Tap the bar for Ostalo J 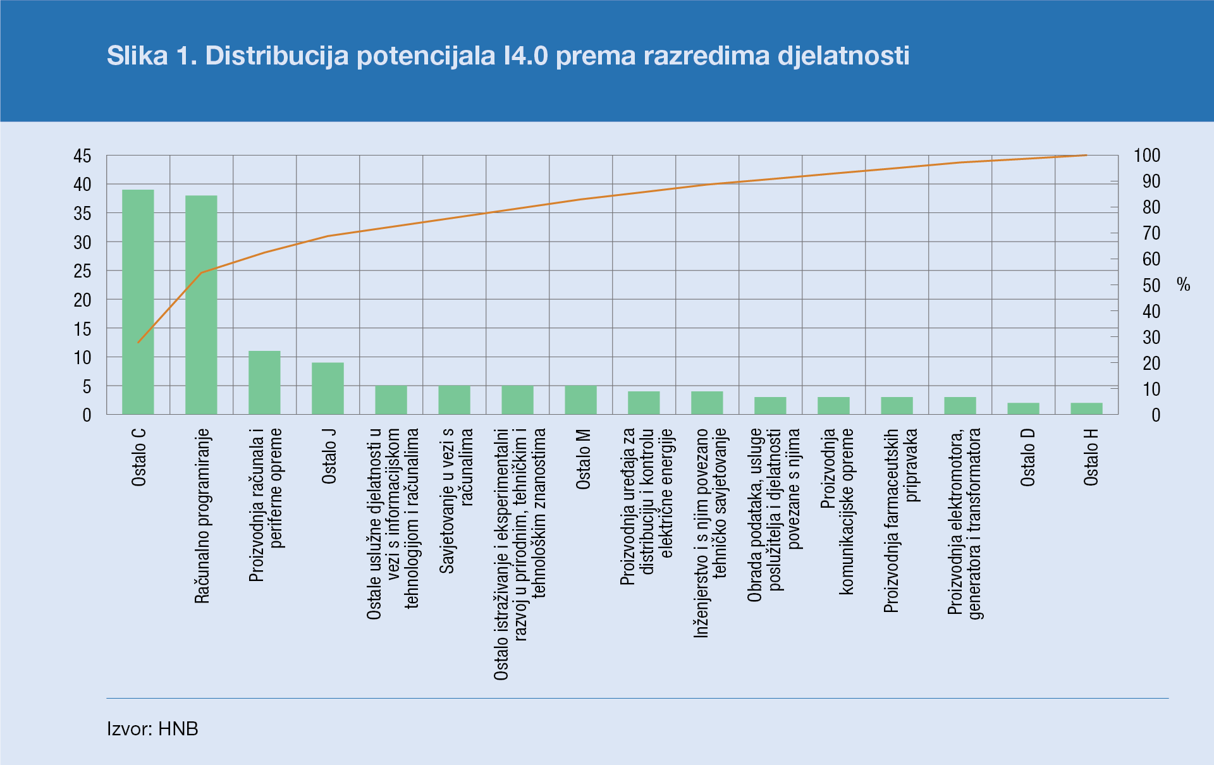(x=328, y=388)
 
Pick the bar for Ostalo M (x=580, y=400)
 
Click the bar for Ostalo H (x=1086, y=408)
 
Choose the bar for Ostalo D (x=1023, y=408)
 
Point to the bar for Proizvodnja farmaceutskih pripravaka (x=897, y=405)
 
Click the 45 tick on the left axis (x=82, y=156)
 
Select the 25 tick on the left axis (x=82, y=271)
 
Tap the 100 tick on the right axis (x=1147, y=156)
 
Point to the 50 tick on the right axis (x=1151, y=286)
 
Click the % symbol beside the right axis (x=1184, y=285)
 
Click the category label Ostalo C (x=139, y=457)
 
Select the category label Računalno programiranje (x=202, y=516)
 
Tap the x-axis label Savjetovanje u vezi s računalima (x=456, y=501)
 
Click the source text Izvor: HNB (x=152, y=729)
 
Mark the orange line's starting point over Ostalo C (x=138, y=342)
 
